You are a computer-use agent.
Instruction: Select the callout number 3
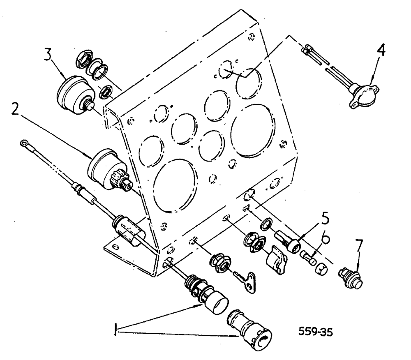[49, 55]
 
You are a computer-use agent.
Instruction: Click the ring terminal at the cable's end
[25, 144]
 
